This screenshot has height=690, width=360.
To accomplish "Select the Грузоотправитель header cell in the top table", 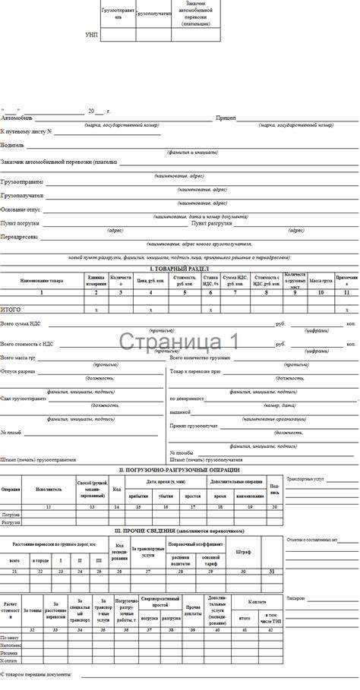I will (118, 14).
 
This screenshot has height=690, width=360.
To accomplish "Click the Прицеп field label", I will (226, 118).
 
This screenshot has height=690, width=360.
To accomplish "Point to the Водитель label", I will (12, 144).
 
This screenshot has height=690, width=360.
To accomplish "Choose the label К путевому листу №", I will (26, 131).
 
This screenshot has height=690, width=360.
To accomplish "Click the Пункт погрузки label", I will (20, 223).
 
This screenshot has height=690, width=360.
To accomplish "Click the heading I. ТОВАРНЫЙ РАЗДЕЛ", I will (179, 269).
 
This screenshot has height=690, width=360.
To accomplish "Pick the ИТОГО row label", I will (11, 309).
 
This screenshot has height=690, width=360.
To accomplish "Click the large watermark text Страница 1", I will (179, 342).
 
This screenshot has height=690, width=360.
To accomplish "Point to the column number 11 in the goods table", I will (346, 292).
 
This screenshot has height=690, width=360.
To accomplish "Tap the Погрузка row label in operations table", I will (11, 514).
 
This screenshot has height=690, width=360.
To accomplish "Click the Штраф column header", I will (243, 552).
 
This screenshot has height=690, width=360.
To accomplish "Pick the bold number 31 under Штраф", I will (273, 570).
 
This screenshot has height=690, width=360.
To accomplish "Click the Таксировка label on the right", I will (296, 597).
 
